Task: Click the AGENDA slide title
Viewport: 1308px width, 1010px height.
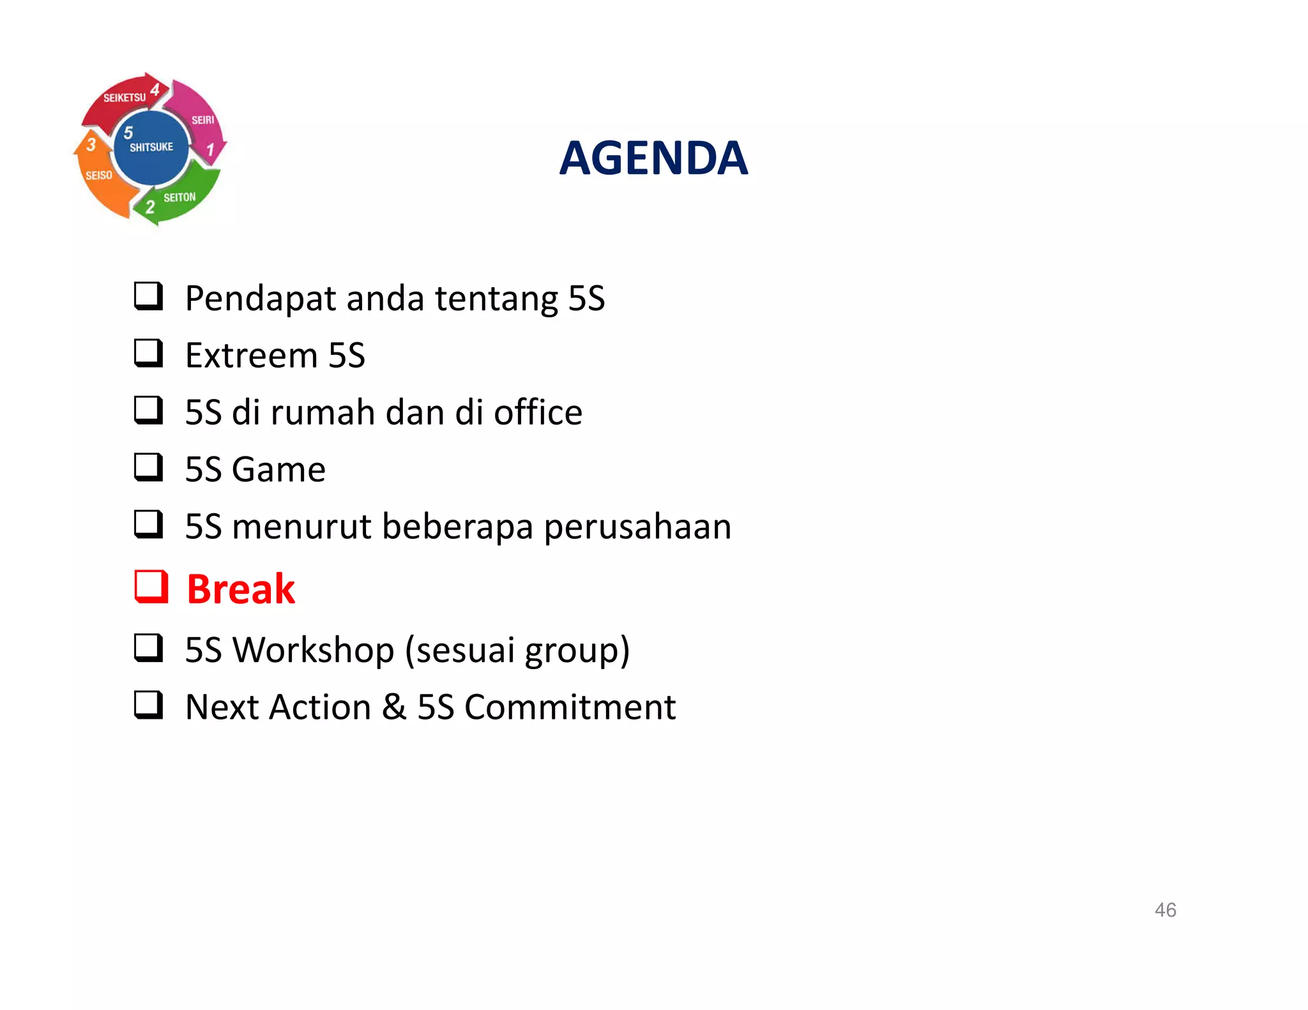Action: (x=653, y=158)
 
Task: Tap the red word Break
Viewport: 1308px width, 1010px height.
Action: (x=241, y=589)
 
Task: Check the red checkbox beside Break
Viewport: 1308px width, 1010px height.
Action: (x=151, y=587)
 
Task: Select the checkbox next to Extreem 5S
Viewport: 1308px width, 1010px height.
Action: (x=149, y=353)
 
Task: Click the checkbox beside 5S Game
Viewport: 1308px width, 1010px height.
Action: (x=149, y=467)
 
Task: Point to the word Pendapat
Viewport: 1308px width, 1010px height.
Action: (x=260, y=299)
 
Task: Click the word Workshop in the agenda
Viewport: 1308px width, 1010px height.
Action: (x=313, y=650)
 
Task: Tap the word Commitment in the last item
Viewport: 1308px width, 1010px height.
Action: (x=570, y=707)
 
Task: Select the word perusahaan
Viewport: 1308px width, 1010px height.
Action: (x=637, y=527)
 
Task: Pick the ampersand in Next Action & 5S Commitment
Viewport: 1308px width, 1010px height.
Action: (x=394, y=707)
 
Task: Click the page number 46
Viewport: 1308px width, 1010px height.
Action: (x=1165, y=910)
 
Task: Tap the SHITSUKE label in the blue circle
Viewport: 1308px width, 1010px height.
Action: (x=151, y=147)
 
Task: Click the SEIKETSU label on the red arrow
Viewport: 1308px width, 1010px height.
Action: (x=125, y=98)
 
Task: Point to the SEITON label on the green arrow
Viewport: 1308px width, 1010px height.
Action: (x=179, y=198)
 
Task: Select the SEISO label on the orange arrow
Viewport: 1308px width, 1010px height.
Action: (x=99, y=175)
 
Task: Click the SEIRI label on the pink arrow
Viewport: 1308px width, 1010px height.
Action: (x=203, y=120)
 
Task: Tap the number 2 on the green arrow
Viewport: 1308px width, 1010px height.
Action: (x=150, y=207)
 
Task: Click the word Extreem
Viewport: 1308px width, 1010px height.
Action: (x=251, y=356)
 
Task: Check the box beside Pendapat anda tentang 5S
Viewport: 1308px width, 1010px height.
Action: (x=149, y=296)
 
